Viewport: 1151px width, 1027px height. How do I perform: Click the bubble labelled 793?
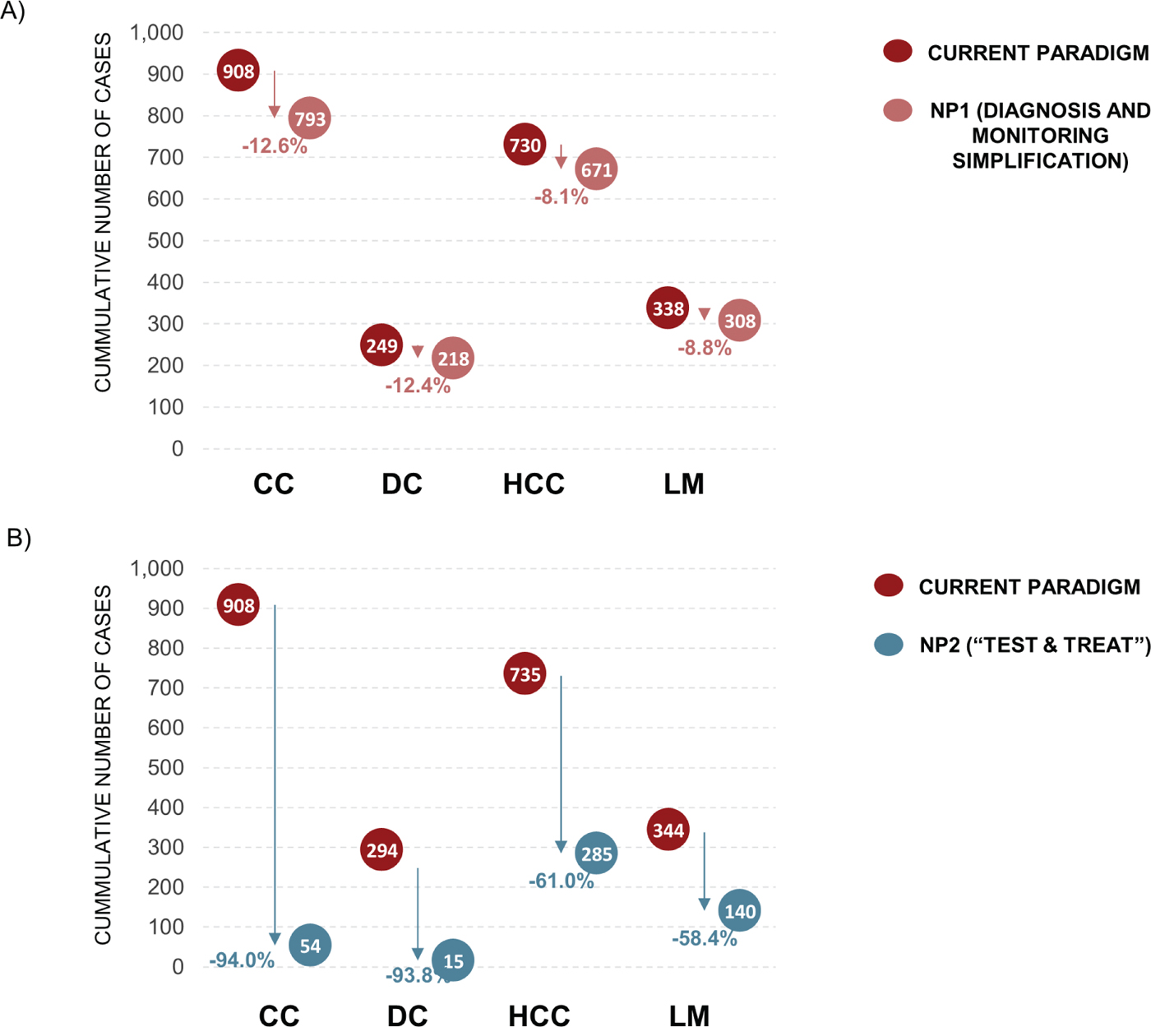[x=310, y=118]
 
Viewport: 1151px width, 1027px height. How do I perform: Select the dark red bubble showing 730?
[x=525, y=145]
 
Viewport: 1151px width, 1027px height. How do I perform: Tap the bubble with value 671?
[x=596, y=169]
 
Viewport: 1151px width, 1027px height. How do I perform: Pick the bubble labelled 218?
[x=453, y=359]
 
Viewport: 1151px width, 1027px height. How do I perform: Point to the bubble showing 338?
[x=668, y=308]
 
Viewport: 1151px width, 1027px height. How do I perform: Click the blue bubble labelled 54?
[x=310, y=946]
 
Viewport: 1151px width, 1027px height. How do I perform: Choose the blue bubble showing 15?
[x=453, y=960]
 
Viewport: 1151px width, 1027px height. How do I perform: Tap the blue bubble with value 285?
[x=596, y=854]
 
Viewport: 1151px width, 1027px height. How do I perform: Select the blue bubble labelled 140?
[x=739, y=911]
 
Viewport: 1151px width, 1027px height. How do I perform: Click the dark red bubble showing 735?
[x=525, y=674]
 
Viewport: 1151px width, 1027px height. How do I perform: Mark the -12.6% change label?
[x=275, y=146]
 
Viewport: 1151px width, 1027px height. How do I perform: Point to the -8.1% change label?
[x=562, y=197]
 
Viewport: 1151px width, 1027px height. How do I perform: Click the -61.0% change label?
[x=562, y=881]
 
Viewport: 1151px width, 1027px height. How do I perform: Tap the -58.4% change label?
[x=705, y=938]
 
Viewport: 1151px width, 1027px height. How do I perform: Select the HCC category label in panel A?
[x=534, y=484]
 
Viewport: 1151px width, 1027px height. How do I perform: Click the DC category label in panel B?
[x=407, y=1016]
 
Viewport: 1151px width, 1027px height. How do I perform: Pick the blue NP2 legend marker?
[x=889, y=645]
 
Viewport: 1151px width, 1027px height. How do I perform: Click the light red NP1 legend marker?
[x=898, y=110]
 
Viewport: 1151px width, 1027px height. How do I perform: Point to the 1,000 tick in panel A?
[x=157, y=33]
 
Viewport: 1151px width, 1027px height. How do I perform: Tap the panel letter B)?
[x=18, y=538]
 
